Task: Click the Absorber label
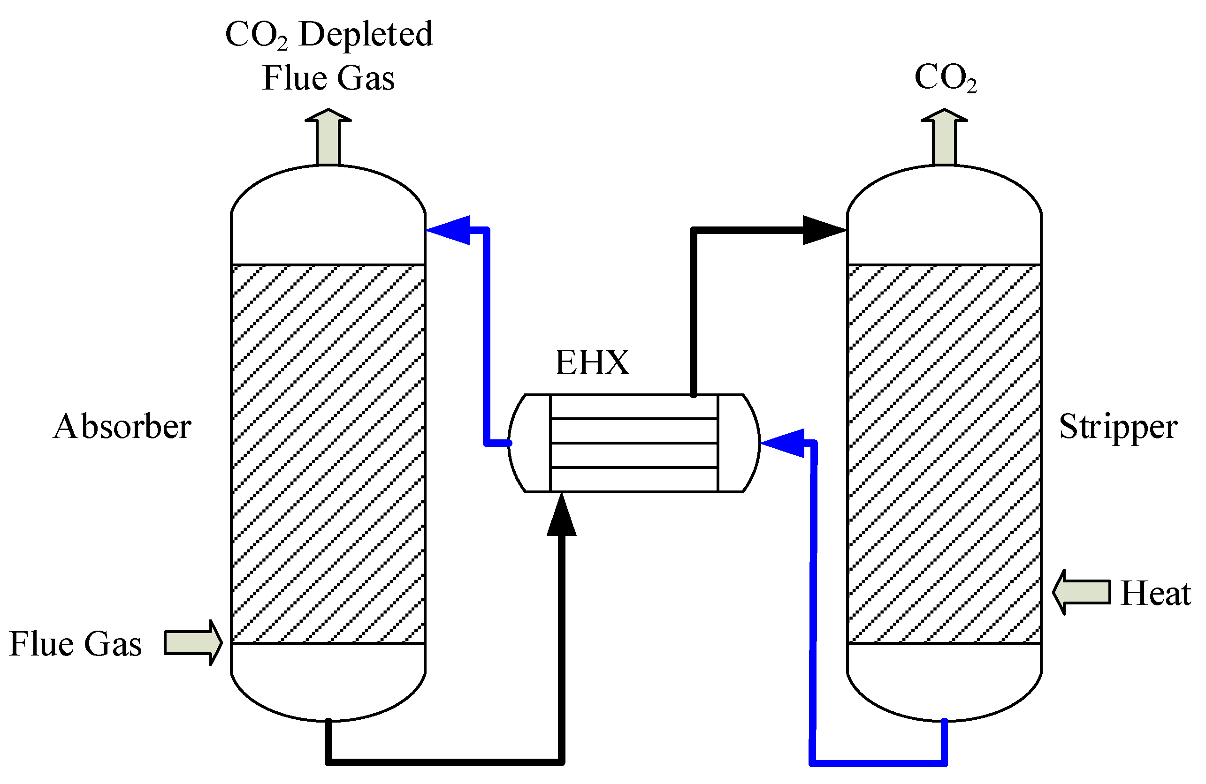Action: click(122, 427)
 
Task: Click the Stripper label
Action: click(1118, 427)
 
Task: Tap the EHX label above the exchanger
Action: click(592, 362)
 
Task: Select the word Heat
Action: click(1155, 594)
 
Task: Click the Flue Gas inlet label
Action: click(76, 644)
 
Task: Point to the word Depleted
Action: click(366, 34)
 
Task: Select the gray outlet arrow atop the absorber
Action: click(328, 137)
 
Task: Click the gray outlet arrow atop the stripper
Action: click(944, 137)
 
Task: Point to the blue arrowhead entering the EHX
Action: click(785, 443)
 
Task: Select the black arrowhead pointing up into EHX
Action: click(561, 517)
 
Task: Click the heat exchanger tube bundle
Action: click(634, 443)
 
